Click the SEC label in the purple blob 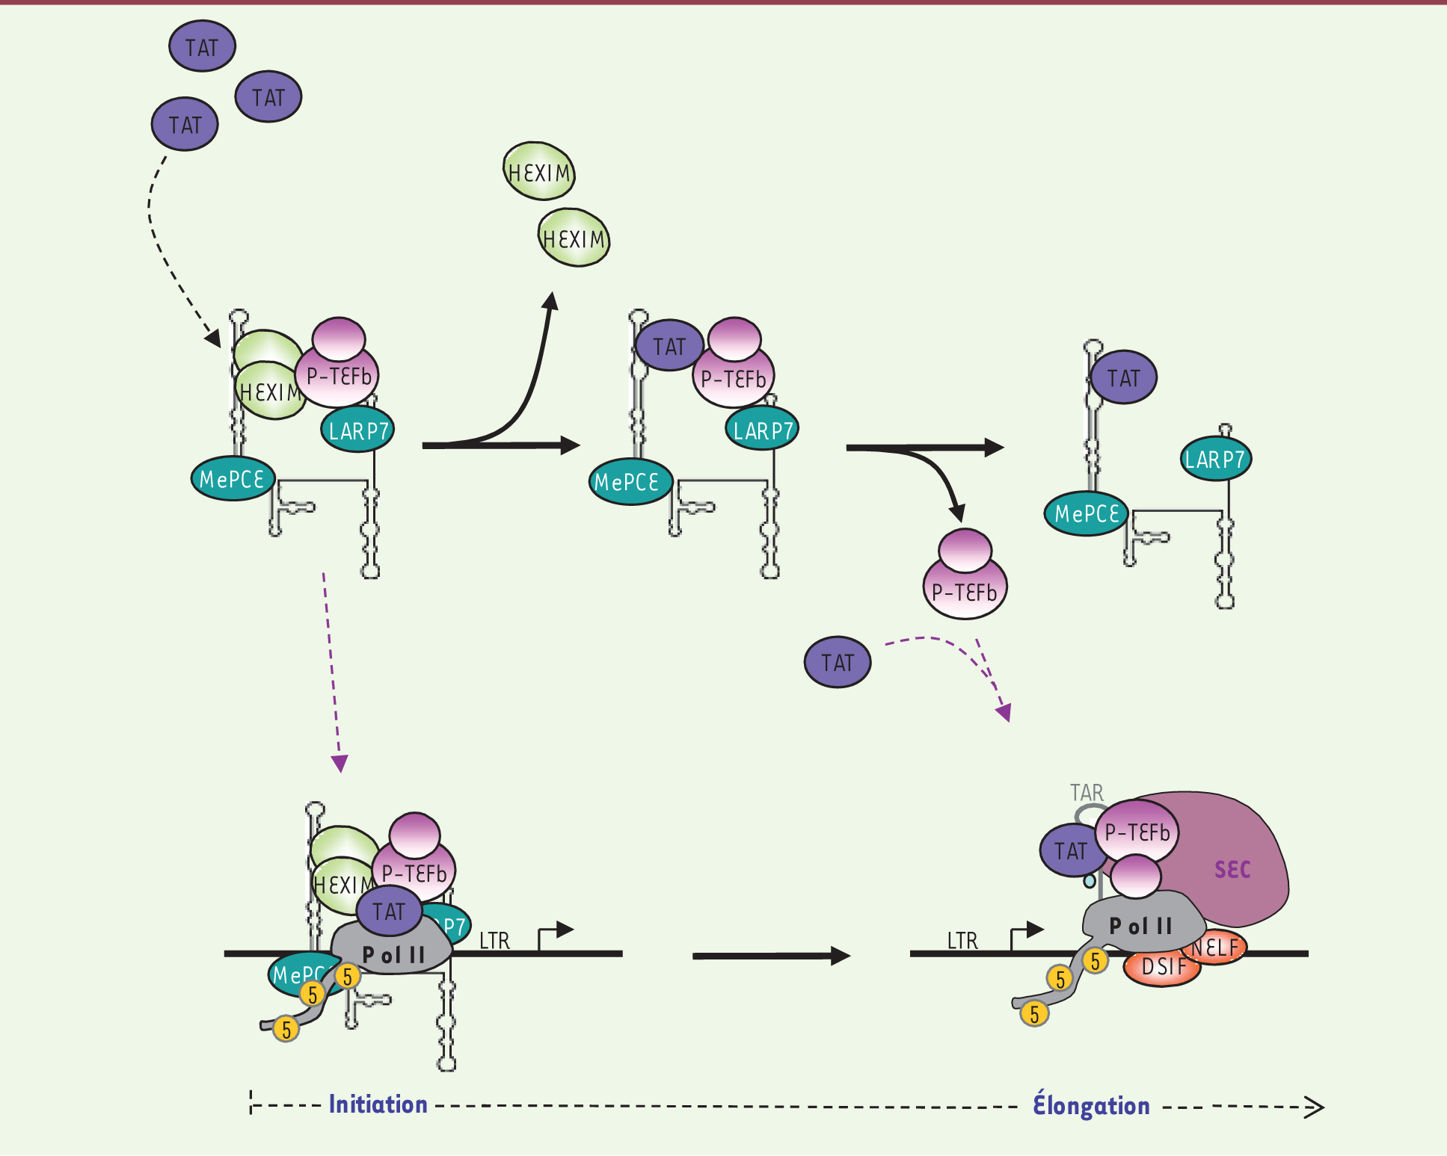(x=1232, y=869)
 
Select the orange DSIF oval (x=1162, y=967)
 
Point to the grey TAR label (x=1086, y=792)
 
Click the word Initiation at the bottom (x=378, y=1104)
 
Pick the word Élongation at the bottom (x=1091, y=1105)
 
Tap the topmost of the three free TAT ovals (x=202, y=46)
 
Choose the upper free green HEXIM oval (x=539, y=173)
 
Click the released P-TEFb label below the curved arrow (x=965, y=592)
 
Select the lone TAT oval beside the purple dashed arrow (x=838, y=662)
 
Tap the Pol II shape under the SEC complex (x=1141, y=926)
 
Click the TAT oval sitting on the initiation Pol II (x=389, y=912)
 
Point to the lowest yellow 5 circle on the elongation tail (x=1034, y=1013)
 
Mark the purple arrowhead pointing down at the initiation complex (x=340, y=764)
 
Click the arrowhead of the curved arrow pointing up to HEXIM (x=552, y=300)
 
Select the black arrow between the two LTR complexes (x=770, y=956)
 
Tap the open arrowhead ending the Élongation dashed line (x=1314, y=1107)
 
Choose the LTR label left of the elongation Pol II (x=962, y=941)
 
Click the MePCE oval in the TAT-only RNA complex (x=1087, y=513)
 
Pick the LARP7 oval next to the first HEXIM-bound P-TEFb (x=358, y=430)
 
